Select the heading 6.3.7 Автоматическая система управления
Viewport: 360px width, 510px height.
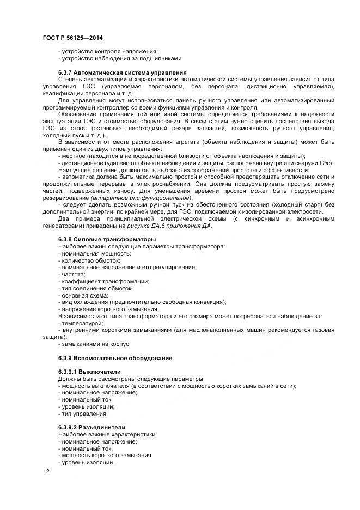[123, 72]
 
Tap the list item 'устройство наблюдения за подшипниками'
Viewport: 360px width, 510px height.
[121, 58]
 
